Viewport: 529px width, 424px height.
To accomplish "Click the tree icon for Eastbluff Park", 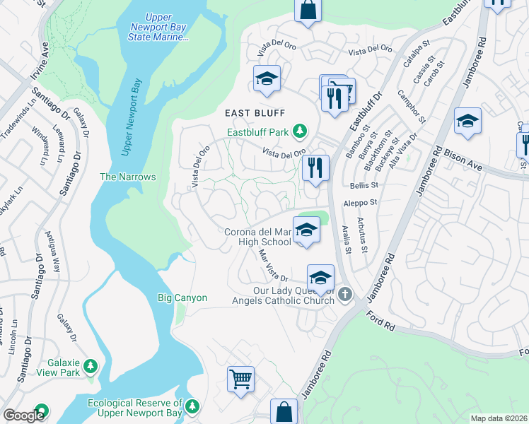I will pos(300,131).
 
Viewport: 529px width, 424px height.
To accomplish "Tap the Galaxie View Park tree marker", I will pos(90,365).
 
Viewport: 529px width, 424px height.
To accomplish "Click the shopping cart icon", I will pos(240,379).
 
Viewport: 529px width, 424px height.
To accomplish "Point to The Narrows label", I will pos(127,177).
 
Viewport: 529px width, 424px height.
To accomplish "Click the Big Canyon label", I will pos(182,298).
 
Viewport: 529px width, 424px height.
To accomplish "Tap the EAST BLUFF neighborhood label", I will pos(255,113).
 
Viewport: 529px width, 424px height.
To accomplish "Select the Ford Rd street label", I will pos(380,318).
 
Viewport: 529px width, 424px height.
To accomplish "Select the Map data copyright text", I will pos(499,418).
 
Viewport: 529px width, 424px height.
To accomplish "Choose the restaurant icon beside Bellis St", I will pos(315,168).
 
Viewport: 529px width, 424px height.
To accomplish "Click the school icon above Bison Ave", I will pos(467,122).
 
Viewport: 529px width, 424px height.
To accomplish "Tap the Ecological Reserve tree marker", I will pos(192,406).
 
